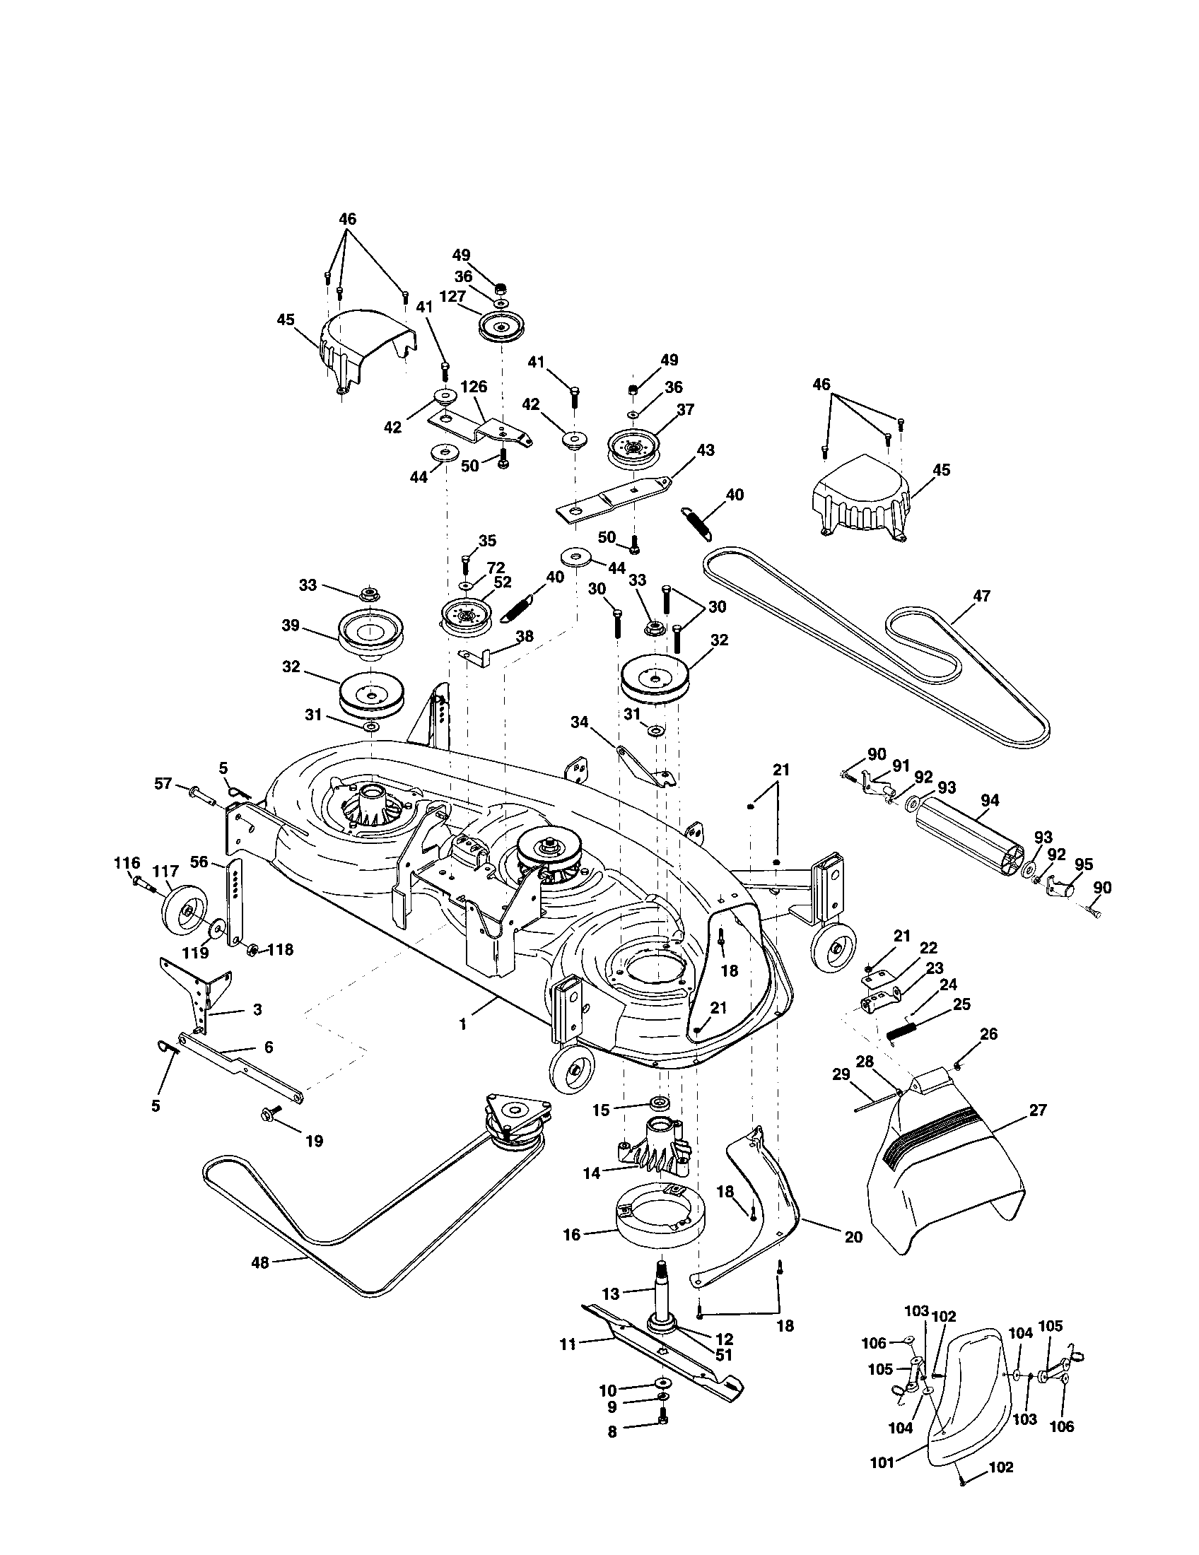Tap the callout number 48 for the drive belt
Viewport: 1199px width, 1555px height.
(x=261, y=1262)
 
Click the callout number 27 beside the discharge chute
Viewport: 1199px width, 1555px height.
(x=1038, y=1110)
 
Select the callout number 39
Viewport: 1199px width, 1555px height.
(x=291, y=624)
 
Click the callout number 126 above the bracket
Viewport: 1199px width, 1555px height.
(x=474, y=387)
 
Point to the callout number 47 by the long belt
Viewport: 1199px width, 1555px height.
(x=981, y=597)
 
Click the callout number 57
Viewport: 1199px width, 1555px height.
(x=163, y=784)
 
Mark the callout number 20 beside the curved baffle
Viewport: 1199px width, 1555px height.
(x=853, y=1238)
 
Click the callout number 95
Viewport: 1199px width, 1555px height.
(x=1084, y=864)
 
